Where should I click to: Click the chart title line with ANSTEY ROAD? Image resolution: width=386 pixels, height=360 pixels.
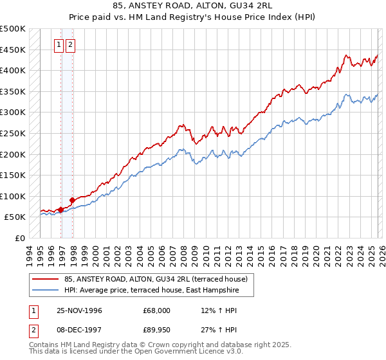click(193, 6)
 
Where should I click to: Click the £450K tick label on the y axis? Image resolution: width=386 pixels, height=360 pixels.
click(13, 50)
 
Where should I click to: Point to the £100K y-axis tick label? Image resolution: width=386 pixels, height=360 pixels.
click(13, 196)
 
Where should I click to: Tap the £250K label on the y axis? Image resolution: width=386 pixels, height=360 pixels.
click(13, 133)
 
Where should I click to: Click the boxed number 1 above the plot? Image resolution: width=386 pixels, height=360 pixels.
click(59, 45)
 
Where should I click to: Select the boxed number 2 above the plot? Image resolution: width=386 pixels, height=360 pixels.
click(69, 45)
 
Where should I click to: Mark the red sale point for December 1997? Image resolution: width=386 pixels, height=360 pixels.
click(73, 200)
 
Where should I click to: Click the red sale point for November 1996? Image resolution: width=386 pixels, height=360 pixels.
click(61, 210)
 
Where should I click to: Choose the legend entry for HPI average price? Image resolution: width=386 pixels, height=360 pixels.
click(151, 291)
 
